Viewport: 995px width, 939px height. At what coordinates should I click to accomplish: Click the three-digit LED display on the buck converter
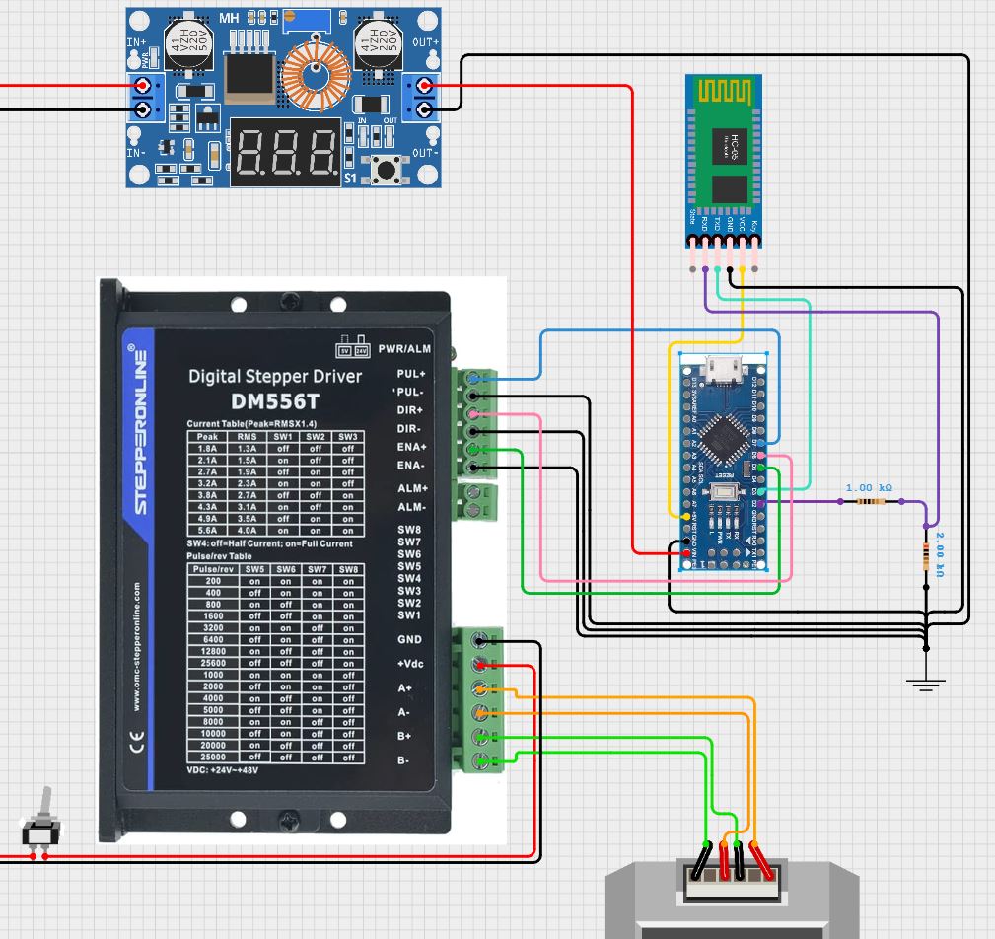click(286, 152)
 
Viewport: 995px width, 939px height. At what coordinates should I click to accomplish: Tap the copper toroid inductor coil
click(316, 76)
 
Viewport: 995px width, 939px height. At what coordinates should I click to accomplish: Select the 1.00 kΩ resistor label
click(869, 488)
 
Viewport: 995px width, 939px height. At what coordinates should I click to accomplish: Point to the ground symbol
click(925, 684)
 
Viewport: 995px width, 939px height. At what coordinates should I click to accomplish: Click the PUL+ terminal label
click(409, 375)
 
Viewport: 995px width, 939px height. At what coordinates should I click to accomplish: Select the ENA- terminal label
click(409, 466)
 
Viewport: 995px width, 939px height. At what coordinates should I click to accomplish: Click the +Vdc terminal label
click(409, 664)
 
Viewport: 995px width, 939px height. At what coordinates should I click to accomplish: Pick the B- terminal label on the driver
click(404, 760)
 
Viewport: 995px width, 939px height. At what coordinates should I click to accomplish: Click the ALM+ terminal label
click(411, 489)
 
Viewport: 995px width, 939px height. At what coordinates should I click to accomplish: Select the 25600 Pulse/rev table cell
click(207, 663)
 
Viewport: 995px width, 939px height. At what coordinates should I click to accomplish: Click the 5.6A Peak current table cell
click(207, 530)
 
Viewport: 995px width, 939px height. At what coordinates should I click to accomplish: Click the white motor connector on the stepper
click(731, 879)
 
